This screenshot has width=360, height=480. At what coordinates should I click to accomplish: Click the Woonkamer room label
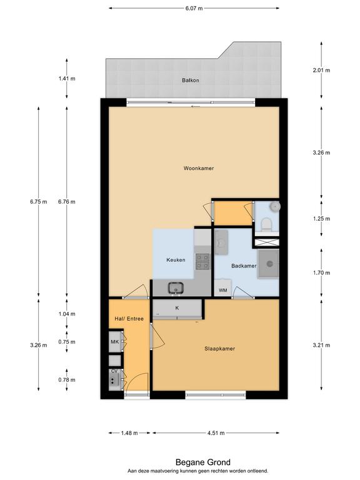(x=199, y=168)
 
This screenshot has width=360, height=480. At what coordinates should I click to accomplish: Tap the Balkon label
(x=191, y=80)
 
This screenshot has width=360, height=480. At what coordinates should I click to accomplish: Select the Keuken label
(x=176, y=260)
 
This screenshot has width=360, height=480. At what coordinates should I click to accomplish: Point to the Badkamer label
(x=244, y=266)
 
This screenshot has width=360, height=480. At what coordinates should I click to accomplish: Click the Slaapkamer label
(x=220, y=348)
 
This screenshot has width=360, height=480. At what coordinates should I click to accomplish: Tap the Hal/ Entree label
(x=129, y=319)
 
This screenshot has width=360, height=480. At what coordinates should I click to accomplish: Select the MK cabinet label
(x=115, y=342)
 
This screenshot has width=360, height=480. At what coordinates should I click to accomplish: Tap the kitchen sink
(x=176, y=288)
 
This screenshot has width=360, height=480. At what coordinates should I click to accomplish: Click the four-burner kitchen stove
(x=202, y=261)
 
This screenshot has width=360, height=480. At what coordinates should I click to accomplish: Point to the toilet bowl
(x=266, y=225)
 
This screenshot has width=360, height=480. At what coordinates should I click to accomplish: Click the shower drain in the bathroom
(x=270, y=264)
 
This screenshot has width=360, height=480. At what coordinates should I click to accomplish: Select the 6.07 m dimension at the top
(x=194, y=8)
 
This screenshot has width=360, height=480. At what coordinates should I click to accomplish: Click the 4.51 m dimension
(x=216, y=433)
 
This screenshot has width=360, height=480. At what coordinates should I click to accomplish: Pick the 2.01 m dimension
(x=321, y=70)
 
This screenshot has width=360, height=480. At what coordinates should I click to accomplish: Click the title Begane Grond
(x=203, y=462)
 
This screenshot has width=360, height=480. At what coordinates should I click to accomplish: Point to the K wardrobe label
(x=177, y=308)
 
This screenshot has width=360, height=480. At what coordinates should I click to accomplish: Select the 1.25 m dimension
(x=321, y=219)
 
